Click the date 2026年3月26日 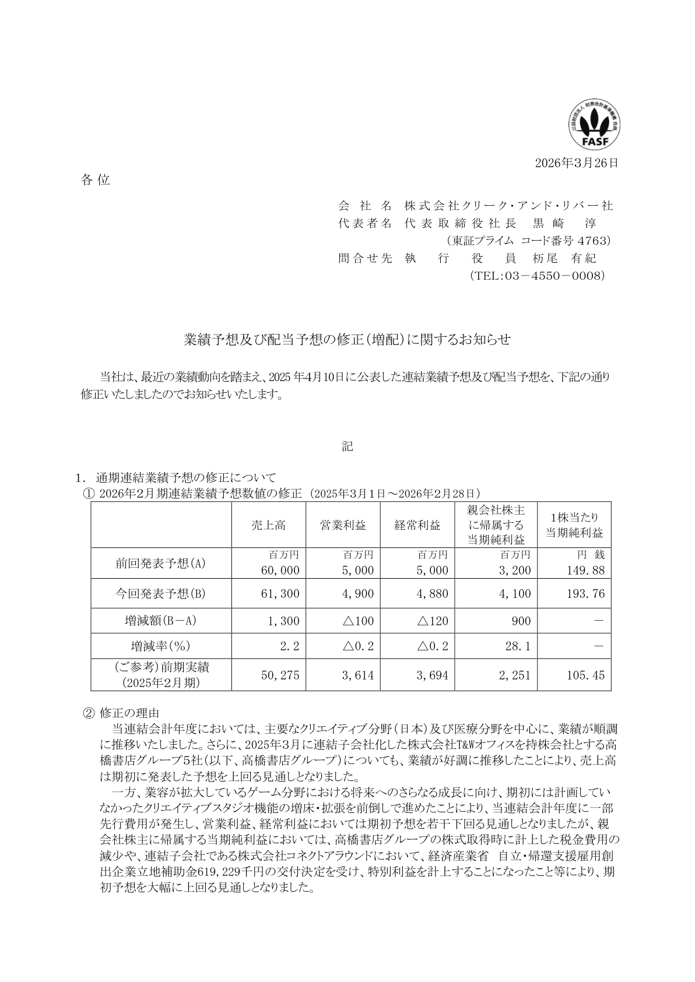pyautogui.click(x=576, y=163)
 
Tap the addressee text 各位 pyautogui.click(x=95, y=180)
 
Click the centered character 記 pyautogui.click(x=347, y=446)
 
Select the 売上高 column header pyautogui.click(x=268, y=525)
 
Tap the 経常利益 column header pyautogui.click(x=417, y=525)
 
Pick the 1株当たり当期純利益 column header pyautogui.click(x=574, y=525)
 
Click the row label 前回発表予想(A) pyautogui.click(x=161, y=564)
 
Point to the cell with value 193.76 pyautogui.click(x=585, y=594)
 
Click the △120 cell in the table pyautogui.click(x=433, y=621)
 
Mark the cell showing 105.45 pyautogui.click(x=585, y=675)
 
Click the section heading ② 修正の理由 pyautogui.click(x=121, y=712)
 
